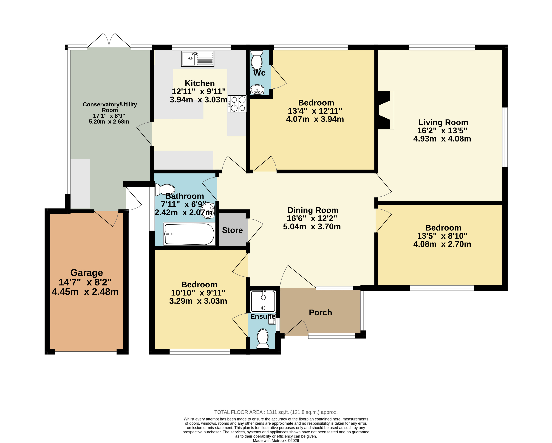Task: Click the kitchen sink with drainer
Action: coord(197,59)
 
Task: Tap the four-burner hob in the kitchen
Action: coord(237,104)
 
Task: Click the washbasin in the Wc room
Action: coord(257,90)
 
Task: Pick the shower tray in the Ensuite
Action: coord(263,302)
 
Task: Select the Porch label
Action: coord(320,313)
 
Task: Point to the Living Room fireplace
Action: coord(386,110)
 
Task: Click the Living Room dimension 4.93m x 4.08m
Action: coord(442,139)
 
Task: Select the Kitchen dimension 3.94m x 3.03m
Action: coord(199,100)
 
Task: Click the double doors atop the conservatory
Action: coord(109,40)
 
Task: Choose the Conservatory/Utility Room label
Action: coord(110,107)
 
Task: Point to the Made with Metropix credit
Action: coord(276,440)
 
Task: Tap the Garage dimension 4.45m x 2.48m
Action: coord(85,292)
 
